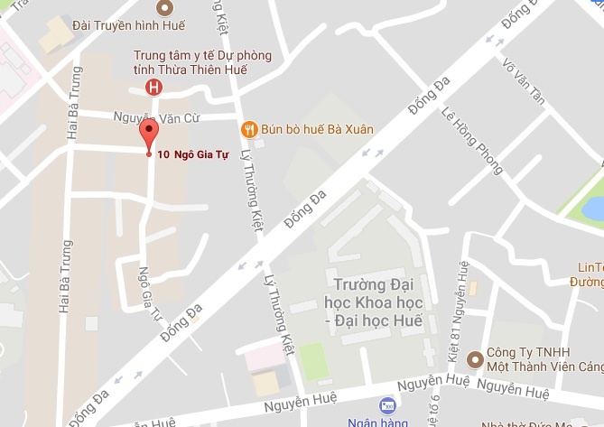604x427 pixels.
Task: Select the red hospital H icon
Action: point(154,87)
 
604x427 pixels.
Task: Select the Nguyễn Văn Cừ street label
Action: point(162,116)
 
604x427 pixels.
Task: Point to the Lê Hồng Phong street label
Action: point(471,141)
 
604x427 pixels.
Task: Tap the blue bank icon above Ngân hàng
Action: point(387,405)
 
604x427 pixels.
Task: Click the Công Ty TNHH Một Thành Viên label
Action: point(540,359)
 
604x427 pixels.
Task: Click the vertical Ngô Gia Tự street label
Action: point(149,293)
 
